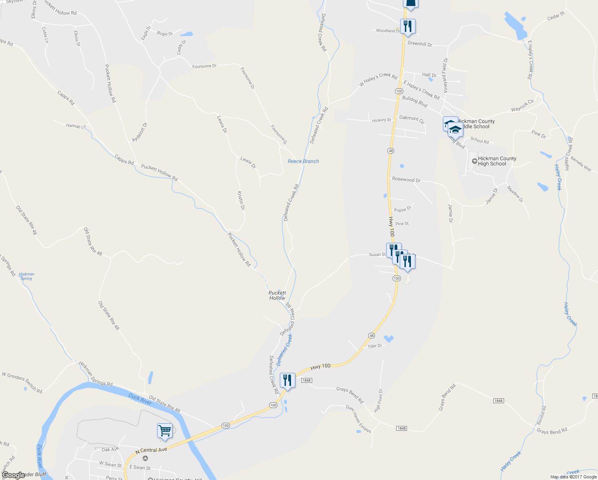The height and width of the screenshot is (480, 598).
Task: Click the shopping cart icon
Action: coord(165,431)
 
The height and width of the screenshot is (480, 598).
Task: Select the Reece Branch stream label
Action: coord(303,161)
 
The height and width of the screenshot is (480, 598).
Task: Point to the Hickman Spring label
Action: coord(26,276)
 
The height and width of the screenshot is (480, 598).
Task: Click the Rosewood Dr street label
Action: coord(406,180)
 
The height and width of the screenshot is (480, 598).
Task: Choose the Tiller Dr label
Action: coord(375,346)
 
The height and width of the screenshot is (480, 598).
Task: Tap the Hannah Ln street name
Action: coord(76,126)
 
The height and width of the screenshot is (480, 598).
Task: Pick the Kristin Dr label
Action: coord(241,200)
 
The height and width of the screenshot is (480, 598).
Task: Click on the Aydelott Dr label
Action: coord(140,132)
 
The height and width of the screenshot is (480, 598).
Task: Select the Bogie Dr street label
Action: coord(165,34)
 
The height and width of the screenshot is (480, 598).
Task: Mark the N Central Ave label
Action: coord(151,450)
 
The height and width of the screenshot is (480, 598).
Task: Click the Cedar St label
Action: coord(556,16)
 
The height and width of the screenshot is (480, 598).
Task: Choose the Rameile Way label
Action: coord(581,164)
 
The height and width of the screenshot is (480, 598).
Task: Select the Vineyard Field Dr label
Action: coord(445,72)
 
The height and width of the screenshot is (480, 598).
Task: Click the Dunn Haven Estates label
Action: coord(359,419)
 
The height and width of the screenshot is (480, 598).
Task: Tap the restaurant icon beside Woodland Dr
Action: coord(407,27)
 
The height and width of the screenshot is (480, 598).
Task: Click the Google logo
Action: coord(14,475)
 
